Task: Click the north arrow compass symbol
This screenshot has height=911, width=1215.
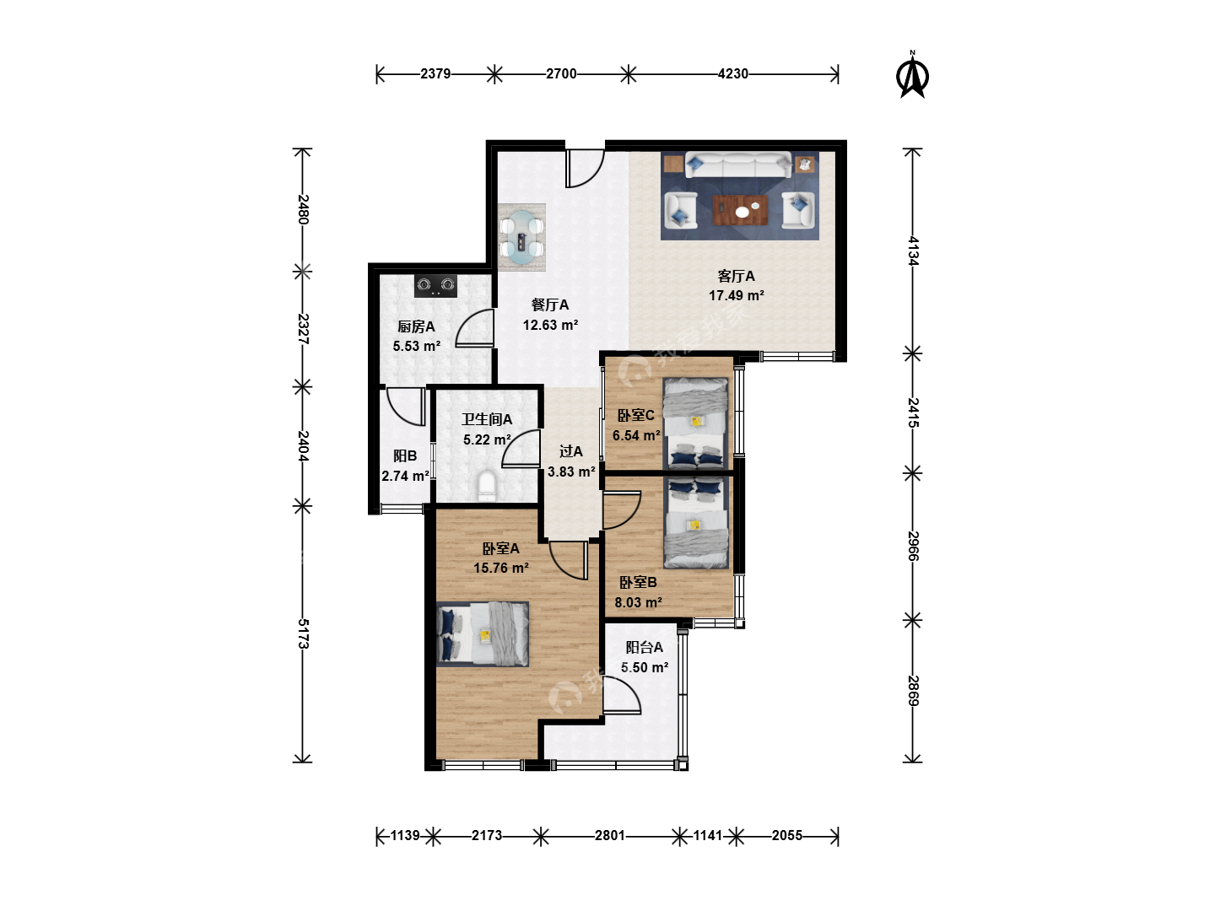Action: point(912,75)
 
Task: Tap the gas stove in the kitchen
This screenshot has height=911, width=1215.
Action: point(435,285)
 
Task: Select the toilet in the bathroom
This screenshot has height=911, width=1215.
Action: point(487,486)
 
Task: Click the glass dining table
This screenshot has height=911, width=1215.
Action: point(521,238)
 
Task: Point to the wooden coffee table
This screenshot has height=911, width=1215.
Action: point(740,210)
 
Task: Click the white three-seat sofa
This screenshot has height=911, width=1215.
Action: point(738,164)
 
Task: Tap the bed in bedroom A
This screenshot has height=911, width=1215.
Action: point(483,633)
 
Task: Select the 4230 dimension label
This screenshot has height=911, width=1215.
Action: point(733,73)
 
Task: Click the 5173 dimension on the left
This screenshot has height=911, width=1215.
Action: point(303,633)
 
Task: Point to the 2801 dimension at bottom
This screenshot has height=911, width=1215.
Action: point(609,835)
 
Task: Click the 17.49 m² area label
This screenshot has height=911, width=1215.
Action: point(737,295)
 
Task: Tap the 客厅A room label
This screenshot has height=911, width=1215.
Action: point(737,276)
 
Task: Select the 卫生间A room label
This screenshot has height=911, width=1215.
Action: point(487,419)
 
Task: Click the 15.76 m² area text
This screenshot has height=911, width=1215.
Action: point(501,568)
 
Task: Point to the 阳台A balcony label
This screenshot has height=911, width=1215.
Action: point(645,647)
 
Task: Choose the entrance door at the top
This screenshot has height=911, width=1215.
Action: point(585,169)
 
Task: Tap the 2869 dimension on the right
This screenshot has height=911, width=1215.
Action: point(913,691)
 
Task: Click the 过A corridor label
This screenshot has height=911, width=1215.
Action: point(570,452)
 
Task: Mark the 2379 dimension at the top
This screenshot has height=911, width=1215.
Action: point(435,73)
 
